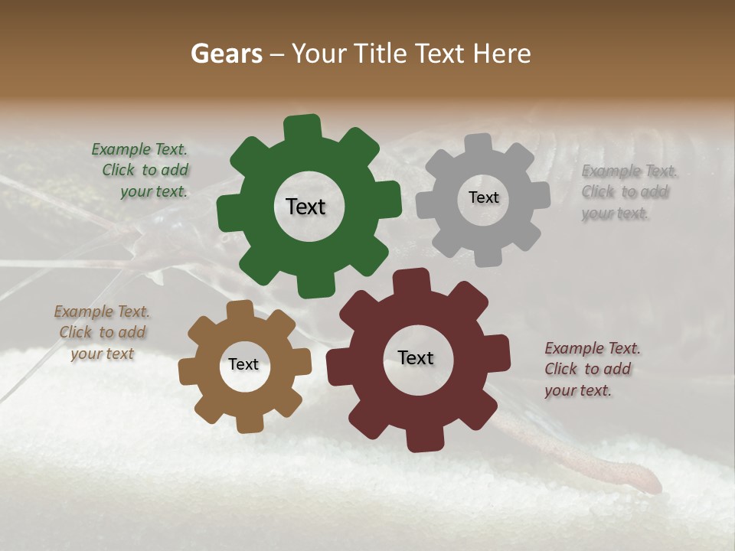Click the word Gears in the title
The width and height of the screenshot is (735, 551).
tap(226, 54)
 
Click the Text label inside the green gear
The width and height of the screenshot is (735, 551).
tap(305, 207)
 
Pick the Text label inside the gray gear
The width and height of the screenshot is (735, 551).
tap(483, 197)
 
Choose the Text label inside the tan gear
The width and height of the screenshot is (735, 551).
tap(243, 364)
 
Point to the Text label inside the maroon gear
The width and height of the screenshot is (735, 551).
tap(416, 357)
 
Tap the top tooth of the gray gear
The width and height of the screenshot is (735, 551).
tap(479, 145)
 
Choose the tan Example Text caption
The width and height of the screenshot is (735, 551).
tap(102, 332)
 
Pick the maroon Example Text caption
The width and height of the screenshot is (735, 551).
tap(591, 369)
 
